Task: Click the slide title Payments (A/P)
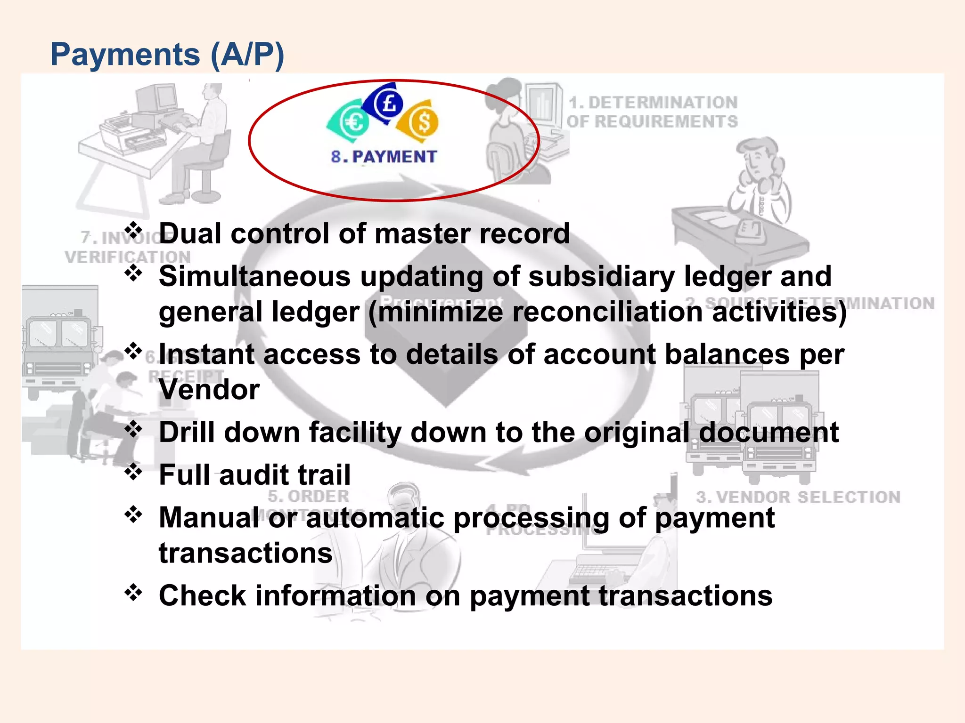pyautogui.click(x=167, y=55)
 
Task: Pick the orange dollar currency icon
pyautogui.click(x=421, y=121)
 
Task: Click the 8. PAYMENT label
pyautogui.click(x=384, y=157)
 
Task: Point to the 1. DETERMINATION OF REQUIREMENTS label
pyautogui.click(x=652, y=112)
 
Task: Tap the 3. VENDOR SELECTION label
pyautogui.click(x=798, y=497)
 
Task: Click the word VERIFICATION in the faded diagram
pyautogui.click(x=128, y=257)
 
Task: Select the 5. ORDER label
pyautogui.click(x=309, y=496)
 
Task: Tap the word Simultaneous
pyautogui.click(x=254, y=276)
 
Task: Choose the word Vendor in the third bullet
pyautogui.click(x=209, y=390)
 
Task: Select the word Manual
pyautogui.click(x=209, y=518)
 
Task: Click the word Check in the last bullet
pyautogui.click(x=202, y=596)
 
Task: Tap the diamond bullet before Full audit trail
pyautogui.click(x=133, y=472)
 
